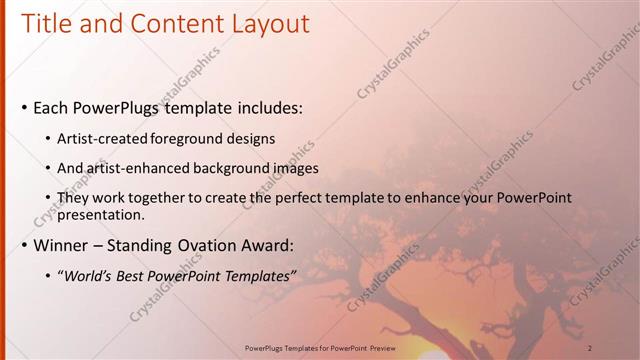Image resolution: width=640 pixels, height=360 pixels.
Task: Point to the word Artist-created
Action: point(99,138)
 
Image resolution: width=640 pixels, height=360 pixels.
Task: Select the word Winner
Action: point(64,245)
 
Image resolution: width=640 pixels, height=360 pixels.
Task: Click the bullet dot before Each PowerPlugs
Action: point(24,107)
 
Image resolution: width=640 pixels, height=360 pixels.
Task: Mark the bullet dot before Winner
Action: point(24,245)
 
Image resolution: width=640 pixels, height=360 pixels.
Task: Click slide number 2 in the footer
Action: point(590,348)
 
